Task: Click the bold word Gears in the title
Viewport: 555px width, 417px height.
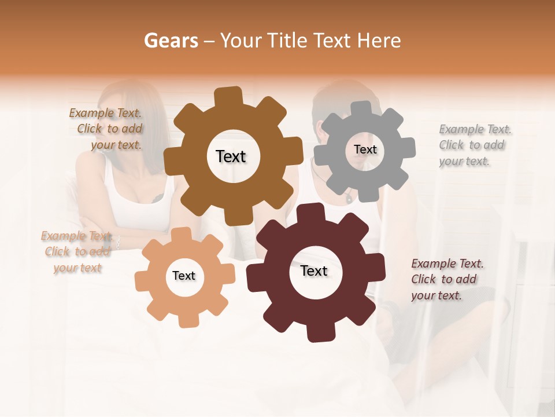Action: pos(171,41)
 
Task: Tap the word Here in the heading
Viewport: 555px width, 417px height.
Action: pos(379,41)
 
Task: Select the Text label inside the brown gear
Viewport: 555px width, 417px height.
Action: pos(231,156)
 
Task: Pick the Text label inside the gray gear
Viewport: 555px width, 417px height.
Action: pos(365,149)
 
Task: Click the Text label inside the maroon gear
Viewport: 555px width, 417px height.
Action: pos(314,270)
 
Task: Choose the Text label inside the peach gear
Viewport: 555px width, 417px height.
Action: pos(184,276)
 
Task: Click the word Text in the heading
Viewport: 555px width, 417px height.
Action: pos(331,41)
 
